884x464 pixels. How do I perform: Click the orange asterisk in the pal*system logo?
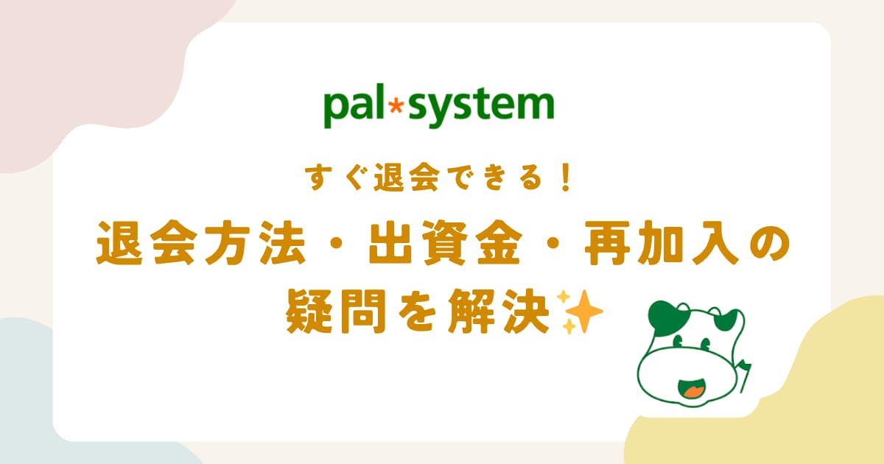396,106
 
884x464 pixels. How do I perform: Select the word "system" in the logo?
481,108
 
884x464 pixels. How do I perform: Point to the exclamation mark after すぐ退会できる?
566,178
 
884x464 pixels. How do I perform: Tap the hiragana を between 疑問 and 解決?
417,312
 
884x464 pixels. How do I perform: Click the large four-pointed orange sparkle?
583,312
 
